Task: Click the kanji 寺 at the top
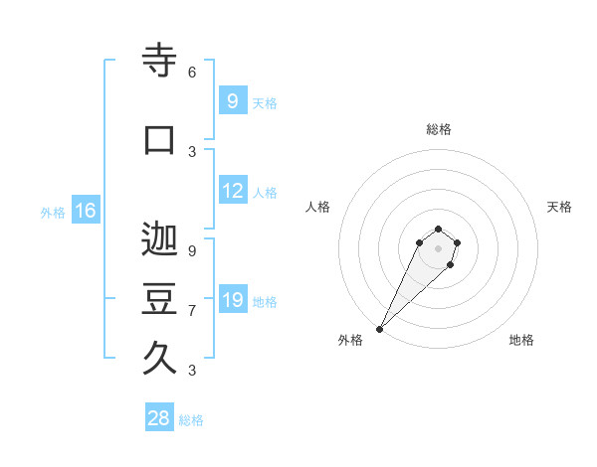[159, 61]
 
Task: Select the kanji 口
[159, 140]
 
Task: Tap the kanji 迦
[159, 239]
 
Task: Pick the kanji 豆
[159, 299]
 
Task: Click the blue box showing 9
[232, 101]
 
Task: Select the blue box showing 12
[233, 191]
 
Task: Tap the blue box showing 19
[233, 300]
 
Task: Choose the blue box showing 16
[85, 211]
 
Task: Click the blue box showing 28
[159, 418]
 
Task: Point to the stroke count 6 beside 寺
[192, 73]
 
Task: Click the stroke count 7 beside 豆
[192, 311]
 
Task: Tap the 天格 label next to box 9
[265, 103]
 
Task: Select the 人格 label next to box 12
[265, 193]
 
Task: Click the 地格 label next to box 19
[265, 302]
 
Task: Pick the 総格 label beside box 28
[191, 420]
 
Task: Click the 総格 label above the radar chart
[438, 129]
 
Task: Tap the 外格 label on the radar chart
[350, 341]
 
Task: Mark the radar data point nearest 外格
[379, 329]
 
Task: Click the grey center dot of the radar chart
[438, 248]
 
